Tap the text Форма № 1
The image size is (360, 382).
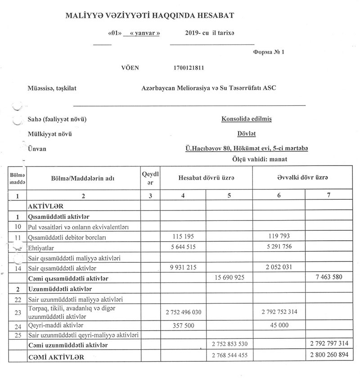click(269, 52)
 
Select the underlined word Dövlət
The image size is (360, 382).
click(247, 134)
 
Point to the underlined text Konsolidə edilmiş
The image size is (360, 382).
click(247, 119)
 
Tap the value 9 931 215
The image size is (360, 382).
click(183, 268)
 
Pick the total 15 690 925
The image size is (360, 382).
click(228, 278)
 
